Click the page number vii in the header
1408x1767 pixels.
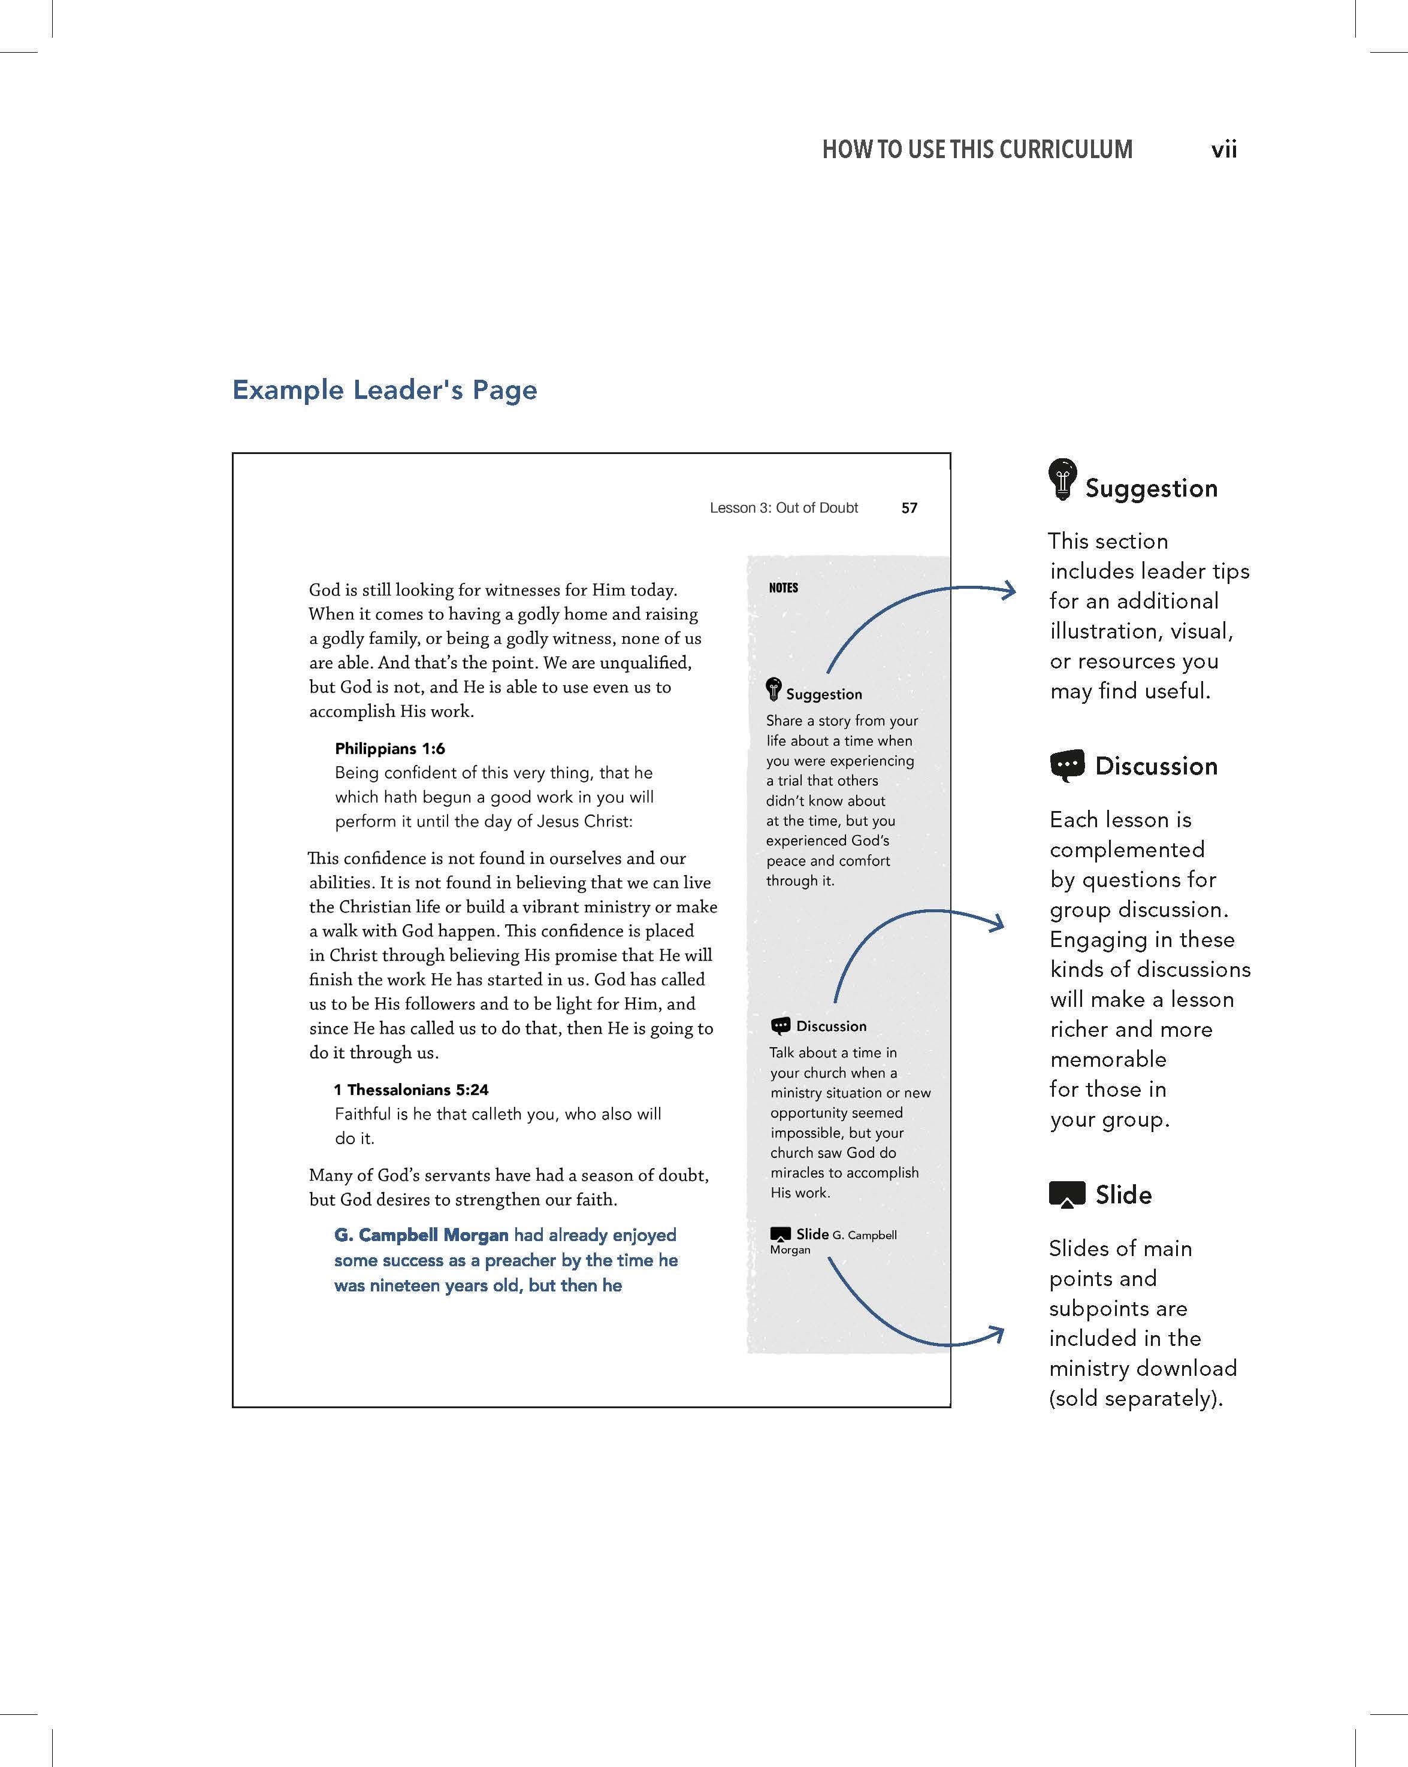click(x=1223, y=149)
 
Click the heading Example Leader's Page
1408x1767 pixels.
click(x=385, y=390)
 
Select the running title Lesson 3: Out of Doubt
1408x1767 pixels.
click(x=783, y=508)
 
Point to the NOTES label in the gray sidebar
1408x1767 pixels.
click(x=783, y=588)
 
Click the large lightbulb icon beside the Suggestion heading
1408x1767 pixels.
click(x=1062, y=479)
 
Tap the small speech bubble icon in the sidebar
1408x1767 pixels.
click(x=781, y=1026)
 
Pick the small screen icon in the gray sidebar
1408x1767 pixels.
click(x=781, y=1233)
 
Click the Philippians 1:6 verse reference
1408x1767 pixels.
click(x=389, y=748)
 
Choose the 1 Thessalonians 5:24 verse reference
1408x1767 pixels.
click(x=411, y=1089)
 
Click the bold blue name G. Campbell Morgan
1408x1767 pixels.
click(x=421, y=1235)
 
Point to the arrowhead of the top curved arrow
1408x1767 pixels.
click(x=1010, y=589)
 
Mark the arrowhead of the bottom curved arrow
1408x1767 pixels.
click(x=997, y=1335)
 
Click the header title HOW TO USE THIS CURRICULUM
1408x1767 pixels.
click(x=977, y=149)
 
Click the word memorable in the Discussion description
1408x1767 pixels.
click(x=1108, y=1060)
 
